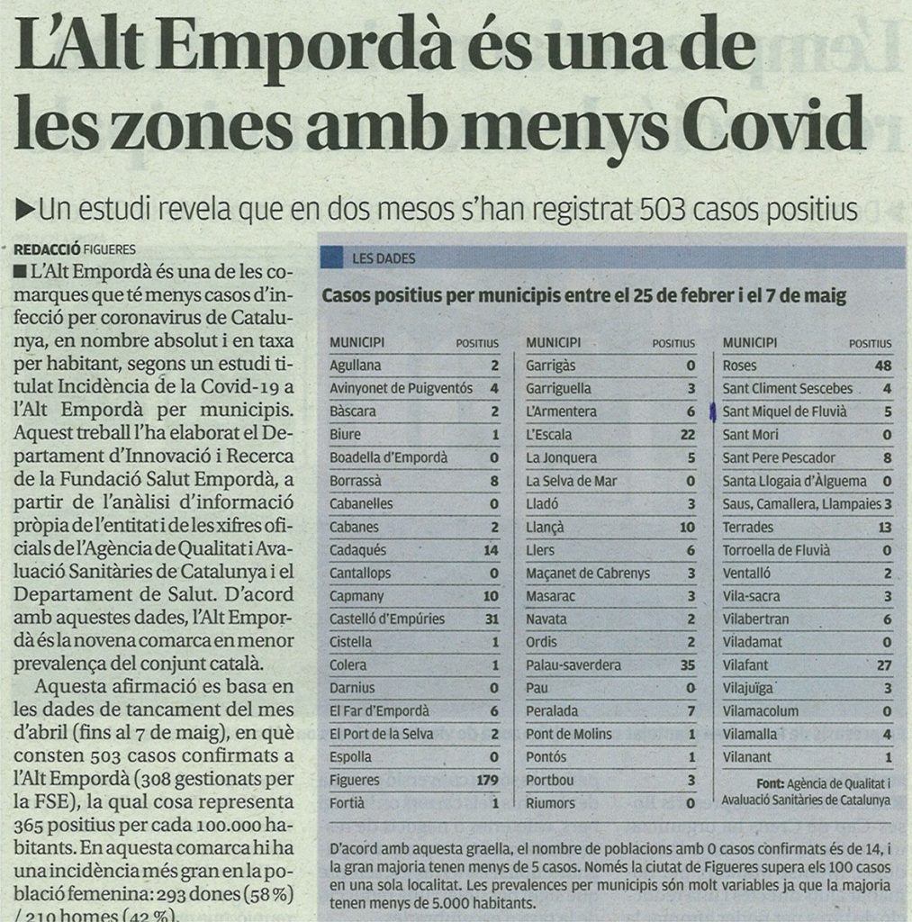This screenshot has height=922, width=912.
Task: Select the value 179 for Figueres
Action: click(x=487, y=780)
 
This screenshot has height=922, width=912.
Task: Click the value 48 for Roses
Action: click(x=882, y=366)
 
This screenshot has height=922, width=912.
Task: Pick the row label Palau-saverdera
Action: click(x=573, y=664)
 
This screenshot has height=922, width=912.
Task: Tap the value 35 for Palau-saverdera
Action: click(x=687, y=664)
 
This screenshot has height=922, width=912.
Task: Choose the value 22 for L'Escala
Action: click(x=687, y=434)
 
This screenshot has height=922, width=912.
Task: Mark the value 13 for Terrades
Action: click(x=883, y=527)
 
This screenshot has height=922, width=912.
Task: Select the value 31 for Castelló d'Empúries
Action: click(x=490, y=619)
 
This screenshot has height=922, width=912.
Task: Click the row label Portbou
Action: click(x=549, y=780)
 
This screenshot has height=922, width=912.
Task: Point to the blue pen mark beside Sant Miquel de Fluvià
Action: click(x=713, y=412)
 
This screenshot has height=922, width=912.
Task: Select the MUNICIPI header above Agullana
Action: click(x=357, y=343)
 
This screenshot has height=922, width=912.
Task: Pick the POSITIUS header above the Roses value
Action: click(x=869, y=343)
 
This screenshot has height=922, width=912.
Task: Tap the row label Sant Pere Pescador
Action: click(x=779, y=457)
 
